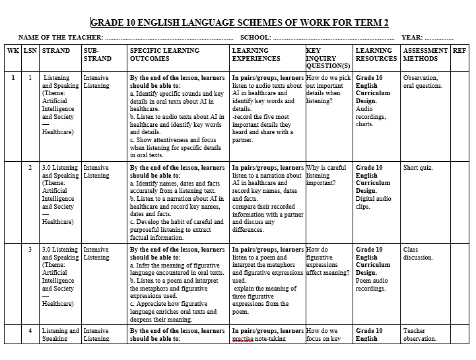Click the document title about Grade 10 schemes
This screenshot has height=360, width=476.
click(x=239, y=22)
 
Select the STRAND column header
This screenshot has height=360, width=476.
click(x=55, y=50)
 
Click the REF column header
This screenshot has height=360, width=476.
click(x=459, y=50)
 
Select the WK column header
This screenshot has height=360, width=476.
click(x=13, y=50)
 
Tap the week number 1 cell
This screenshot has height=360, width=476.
click(x=13, y=78)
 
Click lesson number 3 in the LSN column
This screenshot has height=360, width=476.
click(x=30, y=250)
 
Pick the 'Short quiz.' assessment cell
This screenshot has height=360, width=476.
click(x=417, y=168)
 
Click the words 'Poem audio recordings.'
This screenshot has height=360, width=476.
click(x=371, y=285)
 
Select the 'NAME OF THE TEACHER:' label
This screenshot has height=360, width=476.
click(x=61, y=38)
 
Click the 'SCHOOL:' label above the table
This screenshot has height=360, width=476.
click(x=255, y=38)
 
